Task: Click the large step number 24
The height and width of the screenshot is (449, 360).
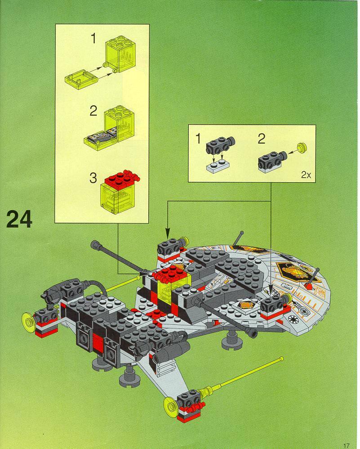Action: (x=19, y=219)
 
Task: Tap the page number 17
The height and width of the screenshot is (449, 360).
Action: (x=346, y=445)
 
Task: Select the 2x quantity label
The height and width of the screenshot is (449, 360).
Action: (x=306, y=175)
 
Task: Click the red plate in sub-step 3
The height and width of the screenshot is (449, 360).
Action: (x=122, y=179)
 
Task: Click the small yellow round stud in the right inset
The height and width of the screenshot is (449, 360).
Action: (x=302, y=147)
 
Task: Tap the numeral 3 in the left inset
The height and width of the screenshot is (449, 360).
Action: (x=93, y=178)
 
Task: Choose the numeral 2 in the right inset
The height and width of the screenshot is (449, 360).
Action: (x=261, y=139)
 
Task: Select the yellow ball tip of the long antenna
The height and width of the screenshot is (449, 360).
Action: (x=282, y=359)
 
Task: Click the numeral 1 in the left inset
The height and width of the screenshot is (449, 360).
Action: (x=93, y=39)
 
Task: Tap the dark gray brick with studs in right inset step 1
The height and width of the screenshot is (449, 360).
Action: (x=220, y=145)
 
